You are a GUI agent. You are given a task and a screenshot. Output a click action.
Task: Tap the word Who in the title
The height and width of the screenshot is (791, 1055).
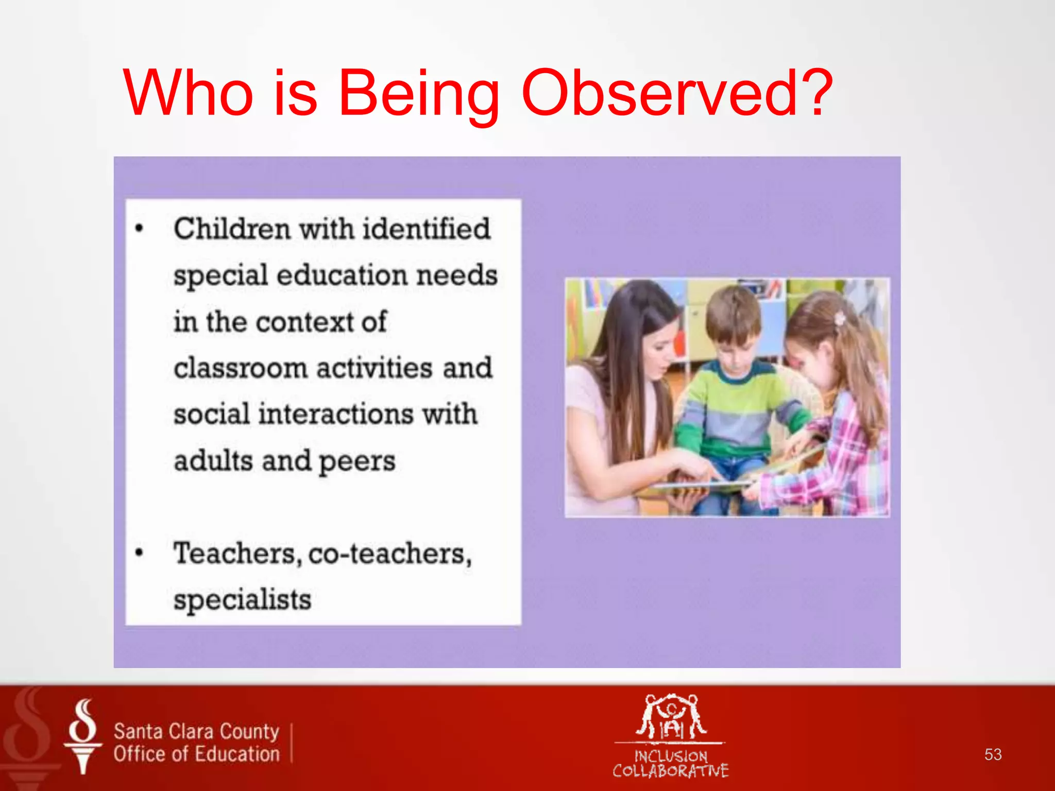[x=188, y=93]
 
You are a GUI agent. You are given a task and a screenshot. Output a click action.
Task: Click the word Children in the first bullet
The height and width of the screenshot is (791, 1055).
[x=232, y=229]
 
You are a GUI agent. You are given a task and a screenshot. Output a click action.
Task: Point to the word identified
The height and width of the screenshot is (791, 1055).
[x=426, y=229]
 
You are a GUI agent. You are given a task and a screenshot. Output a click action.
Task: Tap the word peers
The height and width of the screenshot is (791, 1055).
[x=356, y=461]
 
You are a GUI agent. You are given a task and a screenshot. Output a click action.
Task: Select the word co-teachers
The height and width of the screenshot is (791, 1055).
[x=390, y=554]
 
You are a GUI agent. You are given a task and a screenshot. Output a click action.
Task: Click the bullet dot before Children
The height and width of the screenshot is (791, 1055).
[x=139, y=228]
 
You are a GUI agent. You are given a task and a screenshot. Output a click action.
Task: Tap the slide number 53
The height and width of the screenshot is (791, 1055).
[x=993, y=754]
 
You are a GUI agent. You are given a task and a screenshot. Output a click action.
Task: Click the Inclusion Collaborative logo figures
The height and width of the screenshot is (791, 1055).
[x=671, y=717]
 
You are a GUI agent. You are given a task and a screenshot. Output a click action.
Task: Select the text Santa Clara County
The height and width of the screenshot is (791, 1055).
[x=196, y=731]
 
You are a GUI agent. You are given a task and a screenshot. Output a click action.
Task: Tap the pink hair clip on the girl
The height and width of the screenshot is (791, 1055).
[x=840, y=318]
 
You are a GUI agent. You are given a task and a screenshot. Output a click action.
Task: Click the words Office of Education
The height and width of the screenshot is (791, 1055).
[x=196, y=754]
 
